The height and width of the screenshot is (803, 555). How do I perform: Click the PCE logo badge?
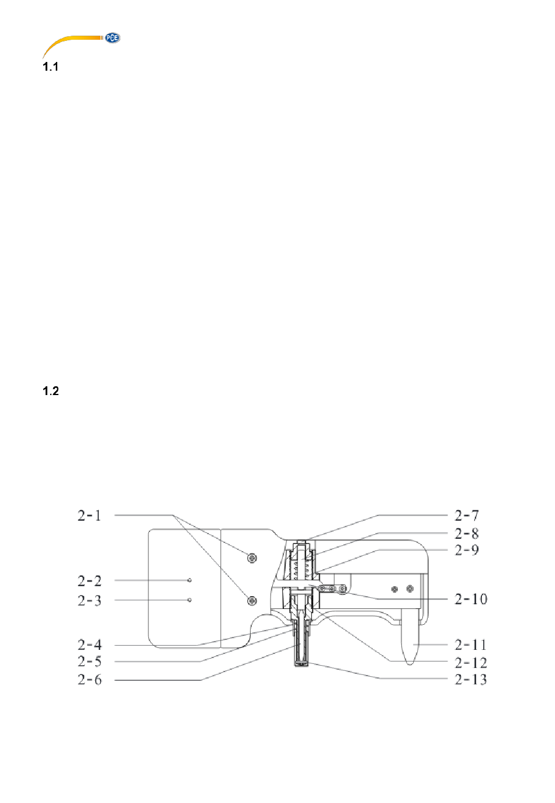coord(112,38)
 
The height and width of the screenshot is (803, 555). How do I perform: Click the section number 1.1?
coord(50,67)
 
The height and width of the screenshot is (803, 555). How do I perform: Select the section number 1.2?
coord(51,391)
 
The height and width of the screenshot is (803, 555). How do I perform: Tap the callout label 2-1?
coord(89,515)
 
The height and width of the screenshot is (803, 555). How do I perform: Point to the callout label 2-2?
coord(89,581)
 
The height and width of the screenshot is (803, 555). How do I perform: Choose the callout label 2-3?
coord(89,600)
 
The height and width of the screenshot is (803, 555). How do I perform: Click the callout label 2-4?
coord(89,645)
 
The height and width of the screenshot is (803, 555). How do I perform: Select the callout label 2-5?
coord(89,662)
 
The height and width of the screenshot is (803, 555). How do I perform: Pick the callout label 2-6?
coord(89,679)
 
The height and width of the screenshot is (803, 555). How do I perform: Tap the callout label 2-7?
coord(467,515)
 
